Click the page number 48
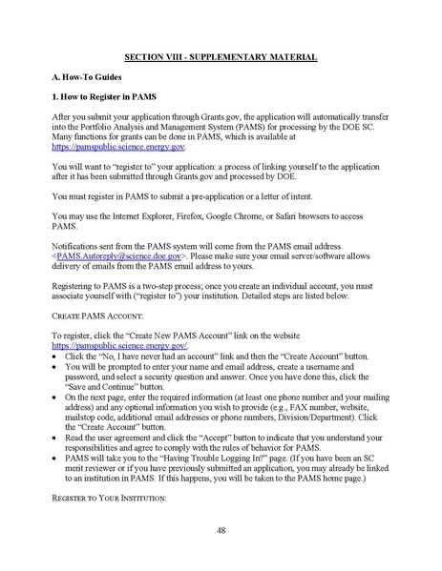[221, 529]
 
